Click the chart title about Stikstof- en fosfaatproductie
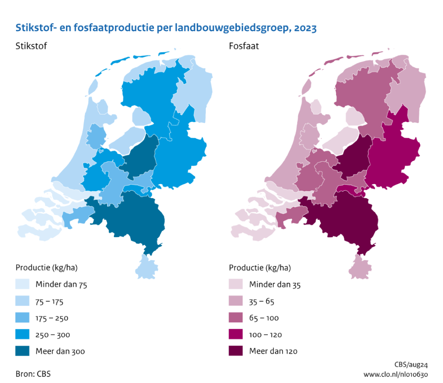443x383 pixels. pos(166,28)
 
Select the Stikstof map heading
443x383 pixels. pos(31,46)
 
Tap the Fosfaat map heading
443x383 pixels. pos(244,46)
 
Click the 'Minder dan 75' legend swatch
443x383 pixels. pos(22,284)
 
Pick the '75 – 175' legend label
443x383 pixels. pos(49,302)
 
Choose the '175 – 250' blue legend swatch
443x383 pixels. pos(22,318)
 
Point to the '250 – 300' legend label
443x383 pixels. pos(53,335)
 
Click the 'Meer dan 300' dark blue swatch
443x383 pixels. pos(22,351)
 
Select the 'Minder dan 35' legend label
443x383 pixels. pos(275,284)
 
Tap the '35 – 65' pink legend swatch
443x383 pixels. pos(236,301)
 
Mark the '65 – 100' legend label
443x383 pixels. pos(264,318)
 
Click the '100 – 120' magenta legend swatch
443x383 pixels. pos(236,334)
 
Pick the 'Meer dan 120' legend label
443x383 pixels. pos(273,351)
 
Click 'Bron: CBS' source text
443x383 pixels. pos(33,374)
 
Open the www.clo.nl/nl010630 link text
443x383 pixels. pos(395,375)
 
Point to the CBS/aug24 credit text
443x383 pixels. pos(411,365)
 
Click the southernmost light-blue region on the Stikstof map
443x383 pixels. pos(146,268)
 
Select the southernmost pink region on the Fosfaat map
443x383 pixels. pos(360,268)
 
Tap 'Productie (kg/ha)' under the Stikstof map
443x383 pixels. pos(47,268)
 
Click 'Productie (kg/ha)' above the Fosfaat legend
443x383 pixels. pos(260,268)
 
